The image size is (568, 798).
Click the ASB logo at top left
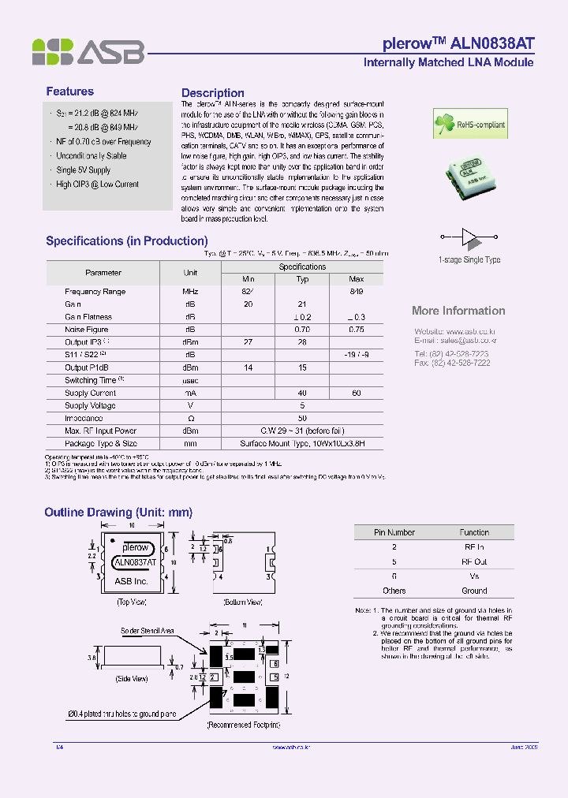pyautogui.click(x=88, y=51)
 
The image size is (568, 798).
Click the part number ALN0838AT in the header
pyautogui.click(x=493, y=43)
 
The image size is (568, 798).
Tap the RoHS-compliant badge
pyautogui.click(x=470, y=125)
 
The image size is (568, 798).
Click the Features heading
pyautogui.click(x=69, y=91)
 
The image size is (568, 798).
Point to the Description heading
pyautogui.click(x=212, y=93)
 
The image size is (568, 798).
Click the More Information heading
pyautogui.click(x=458, y=311)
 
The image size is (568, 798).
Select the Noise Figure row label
pyautogui.click(x=87, y=330)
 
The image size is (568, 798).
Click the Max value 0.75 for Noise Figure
pyautogui.click(x=356, y=330)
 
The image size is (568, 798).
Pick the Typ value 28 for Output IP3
pyautogui.click(x=302, y=342)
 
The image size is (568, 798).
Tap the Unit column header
pyautogui.click(x=190, y=273)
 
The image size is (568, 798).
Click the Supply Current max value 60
pyautogui.click(x=356, y=393)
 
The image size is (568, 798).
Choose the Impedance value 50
pyautogui.click(x=302, y=418)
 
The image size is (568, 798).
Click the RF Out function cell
pyautogui.click(x=474, y=562)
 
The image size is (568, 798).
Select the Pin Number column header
pyautogui.click(x=394, y=532)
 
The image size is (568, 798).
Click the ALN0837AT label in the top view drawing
pyautogui.click(x=136, y=563)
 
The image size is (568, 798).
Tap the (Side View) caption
pyautogui.click(x=132, y=679)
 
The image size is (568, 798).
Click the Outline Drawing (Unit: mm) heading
pyautogui.click(x=118, y=513)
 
